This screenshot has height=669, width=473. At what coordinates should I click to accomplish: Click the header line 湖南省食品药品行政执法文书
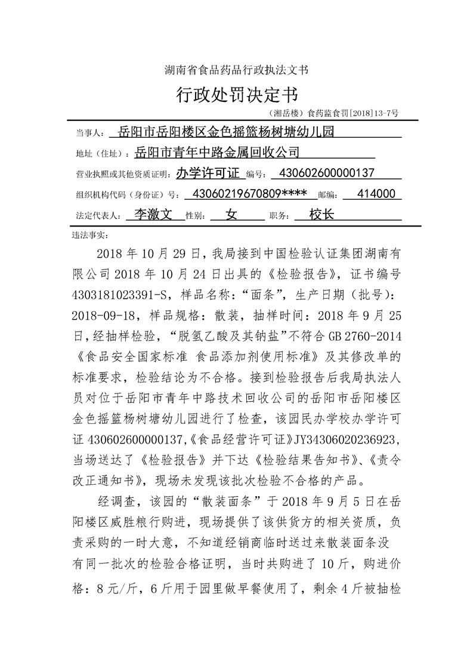tap(236, 70)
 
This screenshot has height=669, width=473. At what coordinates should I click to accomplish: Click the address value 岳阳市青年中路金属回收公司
tap(217, 153)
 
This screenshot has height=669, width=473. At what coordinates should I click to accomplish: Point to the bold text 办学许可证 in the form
tap(208, 174)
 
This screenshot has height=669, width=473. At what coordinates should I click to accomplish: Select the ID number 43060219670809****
tap(246, 194)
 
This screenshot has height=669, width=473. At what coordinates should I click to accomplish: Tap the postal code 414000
tap(375, 194)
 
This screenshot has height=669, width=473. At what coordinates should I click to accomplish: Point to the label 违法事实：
tap(89, 235)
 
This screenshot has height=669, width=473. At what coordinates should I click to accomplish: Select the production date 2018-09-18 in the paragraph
tap(105, 315)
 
